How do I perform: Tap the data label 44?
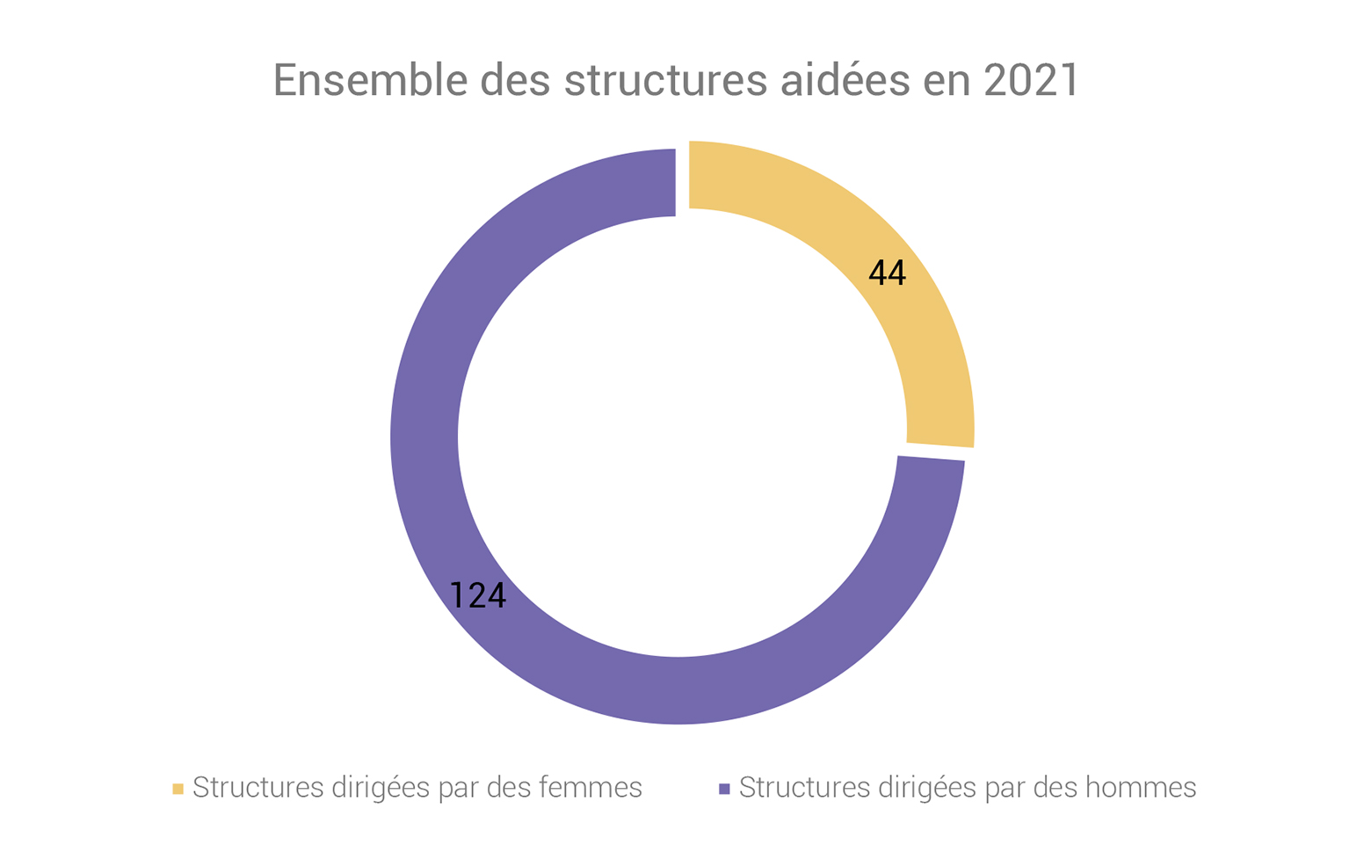[887, 273]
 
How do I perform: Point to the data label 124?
[478, 596]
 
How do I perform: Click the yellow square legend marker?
[178, 789]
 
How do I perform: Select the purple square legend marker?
[724, 789]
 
